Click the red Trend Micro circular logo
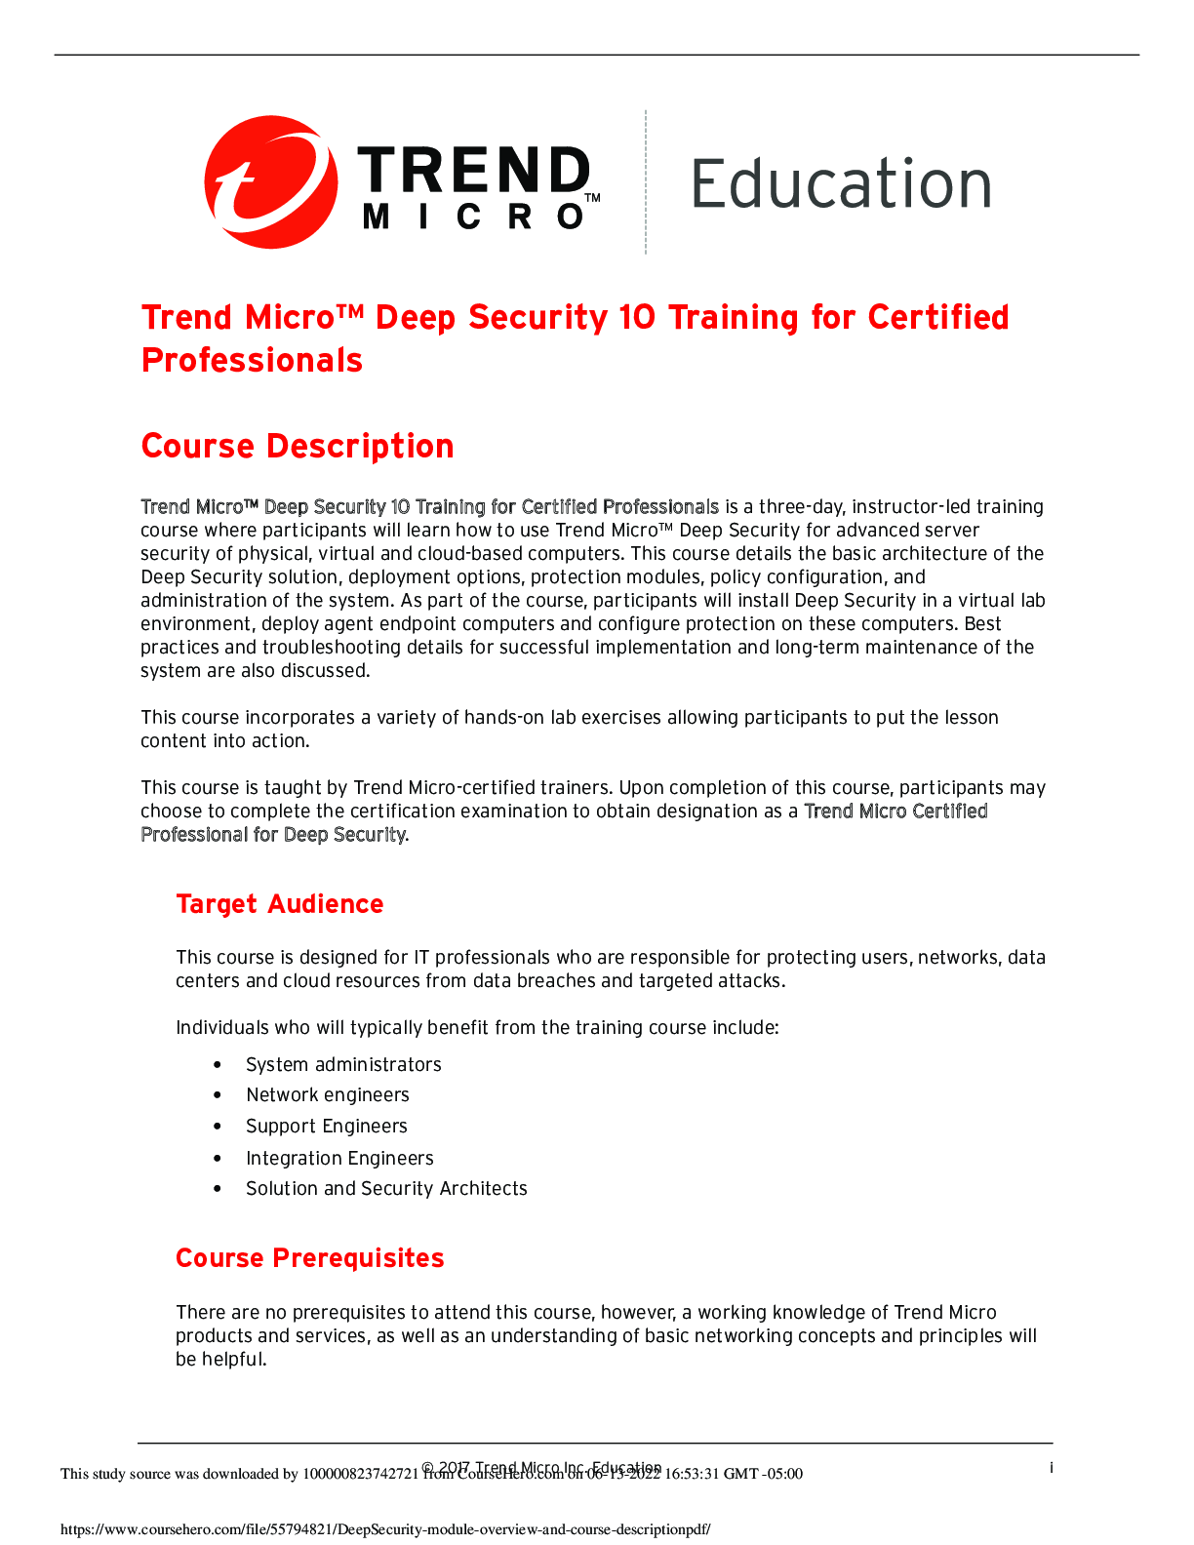pos(270,182)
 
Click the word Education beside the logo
pos(841,184)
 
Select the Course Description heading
pos(298,447)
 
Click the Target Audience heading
pos(280,904)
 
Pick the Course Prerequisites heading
pos(310,1258)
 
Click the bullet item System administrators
pos(343,1065)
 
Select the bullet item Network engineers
pos(328,1095)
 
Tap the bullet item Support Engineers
pos(327,1127)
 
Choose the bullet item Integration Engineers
pos(339,1159)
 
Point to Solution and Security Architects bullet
pos(386,1189)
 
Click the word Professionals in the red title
pos(253,361)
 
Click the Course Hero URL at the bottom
pos(385,1529)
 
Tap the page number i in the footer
pos(1051,1468)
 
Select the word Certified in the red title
pos(938,318)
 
